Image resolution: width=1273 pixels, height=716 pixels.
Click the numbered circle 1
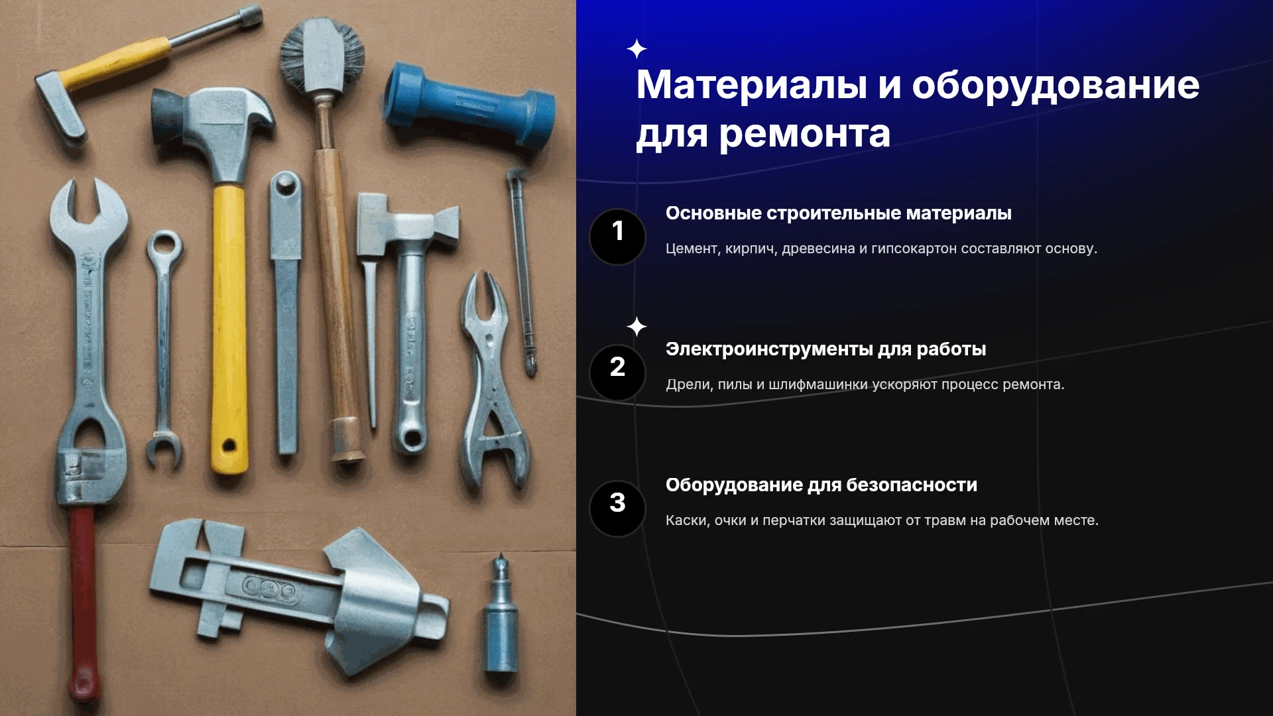pyautogui.click(x=617, y=237)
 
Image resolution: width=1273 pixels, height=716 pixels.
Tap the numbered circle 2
pyautogui.click(x=617, y=373)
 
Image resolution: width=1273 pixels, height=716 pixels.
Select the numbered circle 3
pyautogui.click(x=617, y=508)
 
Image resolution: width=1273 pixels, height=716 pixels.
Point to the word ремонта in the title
pyautogui.click(x=805, y=135)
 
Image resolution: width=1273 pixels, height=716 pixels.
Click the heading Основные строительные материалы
pyautogui.click(x=839, y=213)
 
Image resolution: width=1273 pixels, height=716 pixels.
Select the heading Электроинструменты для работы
pyautogui.click(x=825, y=349)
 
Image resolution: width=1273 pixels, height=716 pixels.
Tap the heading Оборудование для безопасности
pyautogui.click(x=821, y=485)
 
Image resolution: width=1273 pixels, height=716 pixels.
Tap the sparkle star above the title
pyautogui.click(x=636, y=49)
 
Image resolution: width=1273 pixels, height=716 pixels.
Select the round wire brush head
pyautogui.click(x=322, y=54)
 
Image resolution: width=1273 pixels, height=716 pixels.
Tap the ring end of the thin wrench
pyautogui.click(x=164, y=246)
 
